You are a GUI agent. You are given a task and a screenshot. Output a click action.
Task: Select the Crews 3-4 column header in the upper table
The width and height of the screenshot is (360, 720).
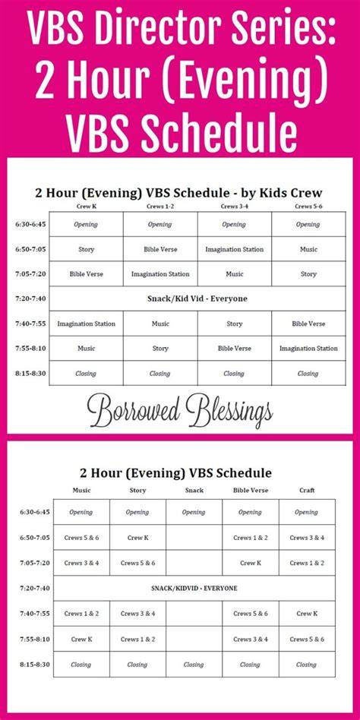tap(234, 207)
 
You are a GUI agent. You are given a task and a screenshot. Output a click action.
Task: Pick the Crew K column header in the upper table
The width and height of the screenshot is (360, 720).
tap(86, 207)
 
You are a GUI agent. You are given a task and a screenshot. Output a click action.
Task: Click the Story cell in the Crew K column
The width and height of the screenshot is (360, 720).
tap(86, 249)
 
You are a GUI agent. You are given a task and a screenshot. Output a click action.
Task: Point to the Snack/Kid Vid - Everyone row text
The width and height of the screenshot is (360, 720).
tap(197, 299)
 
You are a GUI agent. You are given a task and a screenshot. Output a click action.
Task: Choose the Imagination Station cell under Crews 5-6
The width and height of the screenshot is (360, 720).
tap(308, 349)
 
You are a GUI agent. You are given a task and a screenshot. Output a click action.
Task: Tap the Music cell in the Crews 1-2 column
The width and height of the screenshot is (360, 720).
tap(159, 324)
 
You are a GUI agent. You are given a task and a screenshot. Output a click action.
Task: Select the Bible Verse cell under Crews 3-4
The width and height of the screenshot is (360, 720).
tap(234, 349)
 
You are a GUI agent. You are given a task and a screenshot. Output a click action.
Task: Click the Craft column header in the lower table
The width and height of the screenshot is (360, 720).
tap(307, 491)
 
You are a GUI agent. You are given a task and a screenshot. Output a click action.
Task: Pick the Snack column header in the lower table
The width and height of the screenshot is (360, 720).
tap(194, 491)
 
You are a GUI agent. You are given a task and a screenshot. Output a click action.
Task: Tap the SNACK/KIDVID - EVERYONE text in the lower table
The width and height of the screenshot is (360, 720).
tap(194, 588)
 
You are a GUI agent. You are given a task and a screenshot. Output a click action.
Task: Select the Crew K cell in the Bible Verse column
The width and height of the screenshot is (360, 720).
tap(251, 563)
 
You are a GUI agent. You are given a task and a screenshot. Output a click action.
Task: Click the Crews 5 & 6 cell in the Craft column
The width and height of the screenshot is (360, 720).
tap(307, 639)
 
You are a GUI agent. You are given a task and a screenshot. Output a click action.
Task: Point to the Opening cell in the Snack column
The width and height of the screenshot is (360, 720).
tap(194, 513)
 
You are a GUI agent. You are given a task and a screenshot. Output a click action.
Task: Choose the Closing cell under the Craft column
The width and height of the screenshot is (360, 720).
tap(306, 665)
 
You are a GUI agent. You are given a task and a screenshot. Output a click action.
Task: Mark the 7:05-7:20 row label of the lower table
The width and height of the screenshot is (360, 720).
tap(34, 563)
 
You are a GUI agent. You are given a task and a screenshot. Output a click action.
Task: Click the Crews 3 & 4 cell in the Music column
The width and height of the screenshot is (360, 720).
tap(81, 563)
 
